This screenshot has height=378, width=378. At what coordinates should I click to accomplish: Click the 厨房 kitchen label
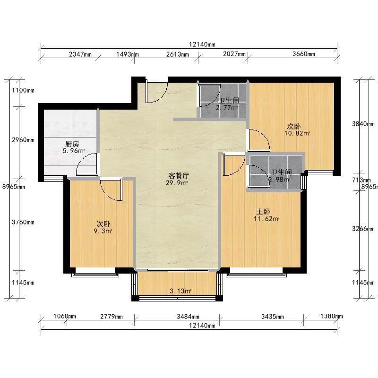coord(72,144)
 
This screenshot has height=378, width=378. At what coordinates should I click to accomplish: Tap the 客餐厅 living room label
coord(179,175)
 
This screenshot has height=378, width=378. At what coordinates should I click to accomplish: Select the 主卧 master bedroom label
coord(263,212)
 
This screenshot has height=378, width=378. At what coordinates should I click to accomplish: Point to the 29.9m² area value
coord(176,183)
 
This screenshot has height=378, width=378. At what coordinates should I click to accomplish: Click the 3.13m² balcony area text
coord(180,291)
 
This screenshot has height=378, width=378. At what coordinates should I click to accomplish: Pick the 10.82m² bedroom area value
coord(297,133)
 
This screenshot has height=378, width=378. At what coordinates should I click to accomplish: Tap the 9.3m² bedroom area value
coord(103,232)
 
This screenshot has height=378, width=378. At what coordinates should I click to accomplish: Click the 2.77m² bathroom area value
coord(227,108)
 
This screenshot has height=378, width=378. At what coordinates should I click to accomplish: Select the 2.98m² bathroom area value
coord(279,180)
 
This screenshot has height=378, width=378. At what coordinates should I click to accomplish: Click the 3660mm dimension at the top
coord(303,54)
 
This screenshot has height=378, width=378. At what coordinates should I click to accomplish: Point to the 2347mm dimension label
coord(80,54)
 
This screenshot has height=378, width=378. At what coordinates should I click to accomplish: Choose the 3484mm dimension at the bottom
coord(188,317)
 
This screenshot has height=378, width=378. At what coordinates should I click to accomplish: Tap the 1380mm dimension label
coord(332,316)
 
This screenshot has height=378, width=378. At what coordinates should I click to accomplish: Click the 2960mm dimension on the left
coord(23,140)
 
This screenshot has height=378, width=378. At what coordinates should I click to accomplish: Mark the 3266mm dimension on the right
coord(363,229)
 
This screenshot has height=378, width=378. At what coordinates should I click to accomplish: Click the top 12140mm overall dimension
coord(202,44)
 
